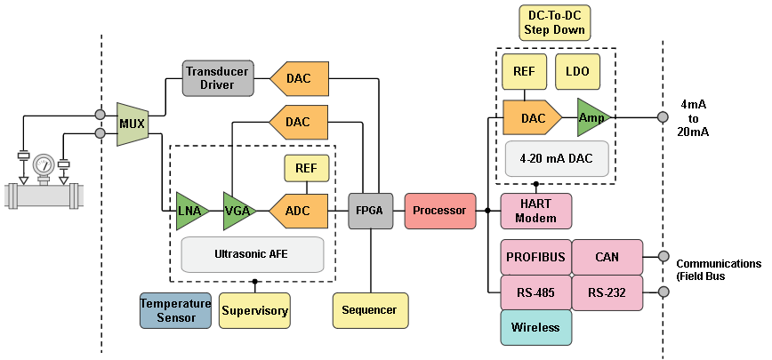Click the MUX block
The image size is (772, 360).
pos(132,124)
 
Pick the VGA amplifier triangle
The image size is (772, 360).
pos(238,211)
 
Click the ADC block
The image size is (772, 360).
pos(298,211)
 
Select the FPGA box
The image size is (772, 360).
pos(370,211)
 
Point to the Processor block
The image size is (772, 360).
pos(439,211)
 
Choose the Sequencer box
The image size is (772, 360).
pos(370,310)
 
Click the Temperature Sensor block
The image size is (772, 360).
pos(175,310)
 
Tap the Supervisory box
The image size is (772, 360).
pos(254,310)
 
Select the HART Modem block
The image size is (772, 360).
pos(536,211)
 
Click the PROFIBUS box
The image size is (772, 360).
pos(535,257)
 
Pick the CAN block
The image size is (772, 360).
pos(607,257)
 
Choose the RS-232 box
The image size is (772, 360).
pos(607,292)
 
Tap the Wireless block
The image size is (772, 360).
pos(535,327)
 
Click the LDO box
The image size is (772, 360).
pos(578,71)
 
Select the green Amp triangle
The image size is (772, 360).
pos(590,117)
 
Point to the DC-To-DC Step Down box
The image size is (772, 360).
pos(554,23)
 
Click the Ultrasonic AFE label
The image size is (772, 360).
pos(252,254)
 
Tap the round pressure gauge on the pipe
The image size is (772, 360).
pos(43,164)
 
